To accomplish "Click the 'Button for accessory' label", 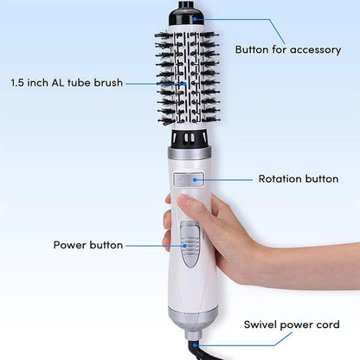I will [x=289, y=49].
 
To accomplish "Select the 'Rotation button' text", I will [x=297, y=180].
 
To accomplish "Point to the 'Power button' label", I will [x=88, y=245].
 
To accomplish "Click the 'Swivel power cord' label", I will [x=291, y=325].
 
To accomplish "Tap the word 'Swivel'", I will [x=260, y=325].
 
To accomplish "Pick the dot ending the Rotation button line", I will [x=196, y=180].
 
